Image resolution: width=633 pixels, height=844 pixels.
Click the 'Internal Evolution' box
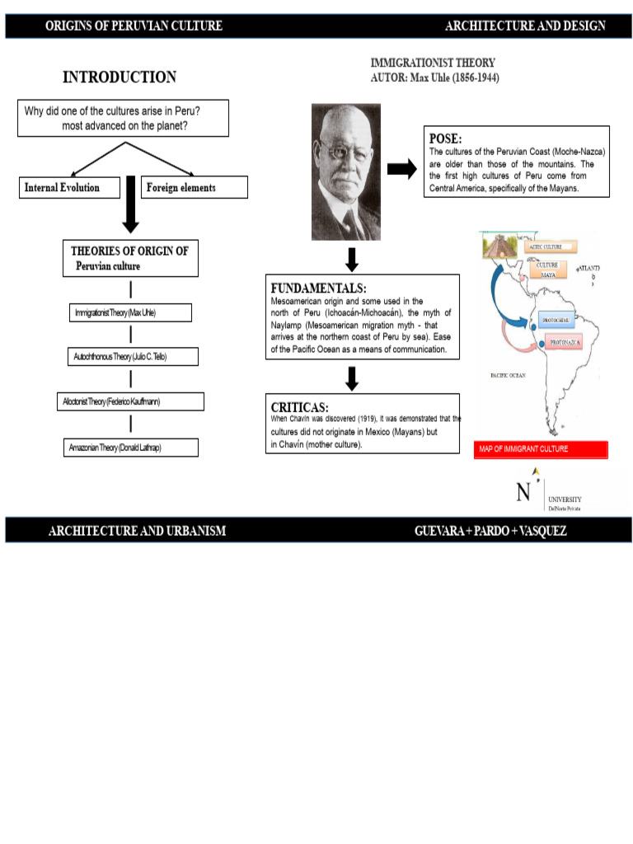[68, 188]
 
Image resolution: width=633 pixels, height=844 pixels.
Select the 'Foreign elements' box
[195, 188]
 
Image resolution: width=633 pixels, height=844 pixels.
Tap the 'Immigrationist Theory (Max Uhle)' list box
[130, 313]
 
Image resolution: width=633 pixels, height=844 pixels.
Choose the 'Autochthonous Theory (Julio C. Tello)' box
[133, 357]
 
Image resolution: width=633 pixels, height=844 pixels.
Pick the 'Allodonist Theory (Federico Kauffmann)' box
[133, 401]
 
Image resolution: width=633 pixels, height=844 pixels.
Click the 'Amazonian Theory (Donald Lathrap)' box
[131, 448]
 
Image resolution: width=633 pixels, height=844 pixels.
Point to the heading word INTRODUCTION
[120, 77]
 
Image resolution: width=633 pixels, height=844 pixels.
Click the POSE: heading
[446, 138]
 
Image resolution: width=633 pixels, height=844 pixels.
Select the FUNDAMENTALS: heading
[318, 288]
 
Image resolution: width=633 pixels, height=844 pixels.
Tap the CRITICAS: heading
[299, 407]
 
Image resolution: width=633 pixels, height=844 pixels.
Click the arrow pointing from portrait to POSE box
[401, 169]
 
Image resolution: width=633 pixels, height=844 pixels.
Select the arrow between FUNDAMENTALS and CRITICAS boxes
[352, 378]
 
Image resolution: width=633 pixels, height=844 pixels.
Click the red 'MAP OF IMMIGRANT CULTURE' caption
[542, 449]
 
